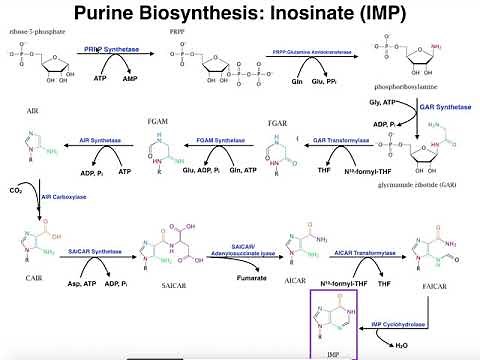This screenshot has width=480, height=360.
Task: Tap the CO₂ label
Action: click(15, 188)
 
